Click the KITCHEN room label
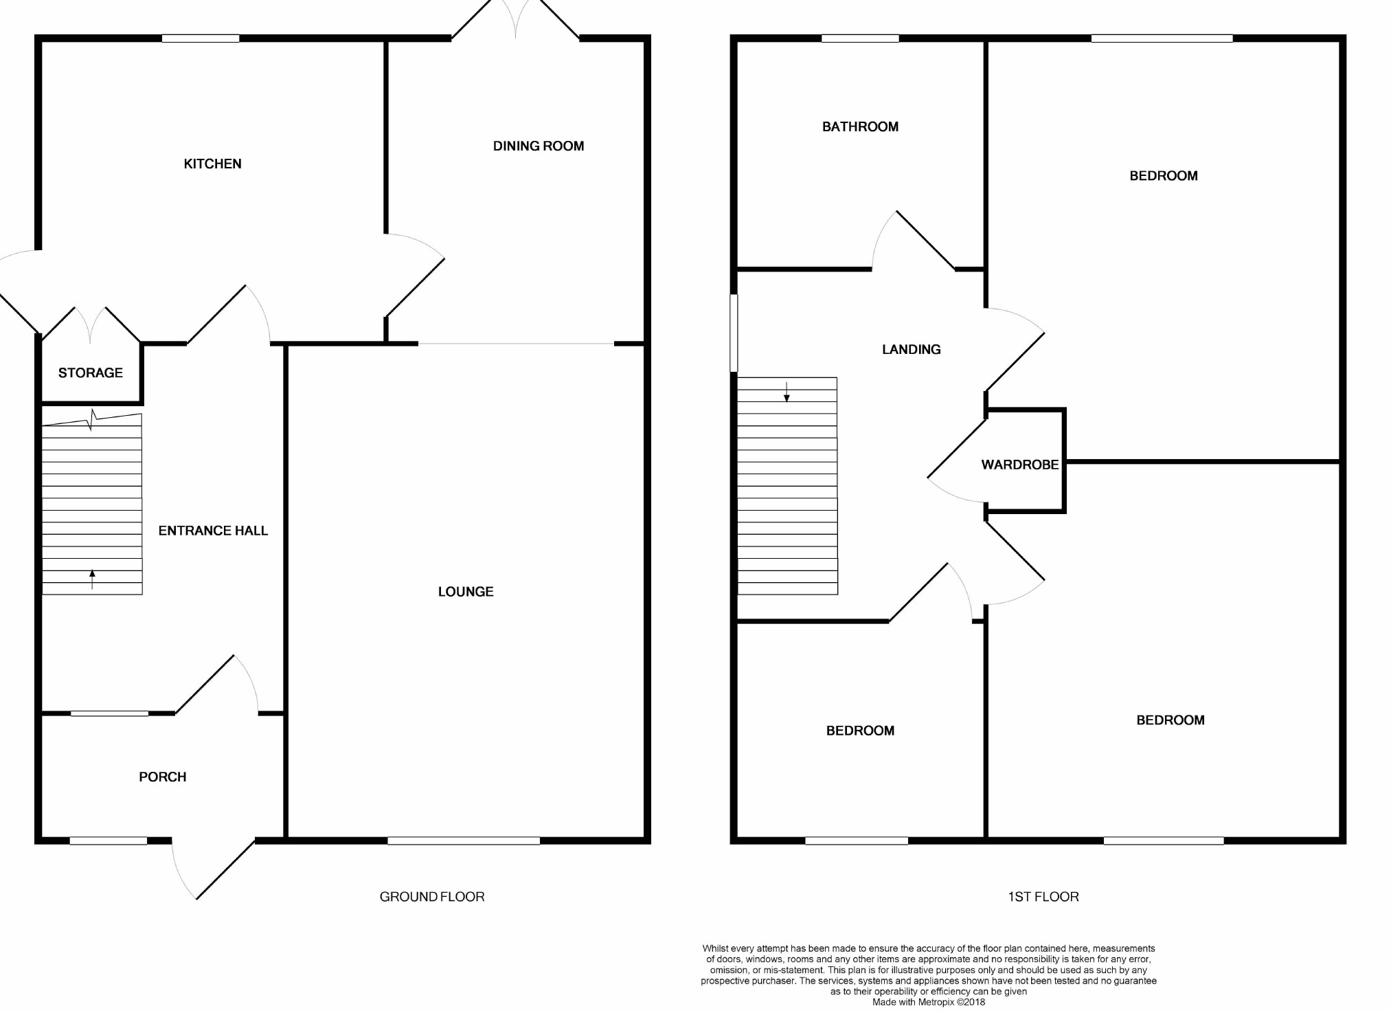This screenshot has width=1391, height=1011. click(x=212, y=164)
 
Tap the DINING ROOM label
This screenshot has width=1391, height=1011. click(x=539, y=146)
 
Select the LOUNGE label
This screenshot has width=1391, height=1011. click(x=466, y=592)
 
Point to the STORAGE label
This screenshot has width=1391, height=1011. click(x=91, y=373)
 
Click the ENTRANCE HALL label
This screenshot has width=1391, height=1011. click(x=213, y=531)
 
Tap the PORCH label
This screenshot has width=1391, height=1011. click(x=163, y=777)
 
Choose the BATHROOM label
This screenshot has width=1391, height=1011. click(x=860, y=126)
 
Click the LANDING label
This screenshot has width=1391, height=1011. click(x=912, y=349)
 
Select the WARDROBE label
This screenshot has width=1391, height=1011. click(x=1020, y=465)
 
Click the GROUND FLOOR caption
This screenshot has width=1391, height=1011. click(x=432, y=896)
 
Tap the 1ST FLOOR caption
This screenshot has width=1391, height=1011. click(x=1043, y=896)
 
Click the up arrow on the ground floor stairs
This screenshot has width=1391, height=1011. click(x=92, y=579)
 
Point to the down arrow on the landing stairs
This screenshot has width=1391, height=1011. click(x=787, y=392)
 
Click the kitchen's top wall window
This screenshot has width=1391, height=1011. click(x=201, y=38)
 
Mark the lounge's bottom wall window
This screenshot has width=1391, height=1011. click(x=464, y=841)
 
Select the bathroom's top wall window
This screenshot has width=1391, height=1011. click(x=860, y=38)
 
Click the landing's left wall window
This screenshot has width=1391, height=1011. click(x=734, y=333)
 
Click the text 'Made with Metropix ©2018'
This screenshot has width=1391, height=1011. click(x=929, y=1002)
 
